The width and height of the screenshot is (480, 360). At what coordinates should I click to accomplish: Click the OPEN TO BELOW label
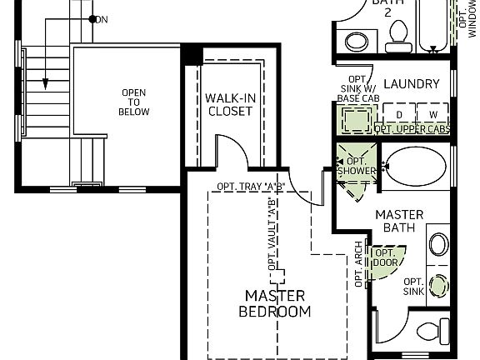(134, 102)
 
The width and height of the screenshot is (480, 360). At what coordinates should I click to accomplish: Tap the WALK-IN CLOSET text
(229, 104)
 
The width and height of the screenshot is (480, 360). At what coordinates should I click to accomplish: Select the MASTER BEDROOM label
(275, 303)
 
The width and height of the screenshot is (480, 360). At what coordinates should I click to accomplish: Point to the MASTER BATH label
(399, 221)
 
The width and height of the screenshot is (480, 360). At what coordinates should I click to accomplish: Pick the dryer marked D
(400, 114)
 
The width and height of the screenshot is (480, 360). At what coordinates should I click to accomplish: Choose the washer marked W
(432, 114)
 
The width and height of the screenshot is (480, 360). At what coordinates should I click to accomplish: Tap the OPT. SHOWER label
(357, 166)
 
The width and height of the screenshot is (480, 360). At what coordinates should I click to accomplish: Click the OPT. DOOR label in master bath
(385, 257)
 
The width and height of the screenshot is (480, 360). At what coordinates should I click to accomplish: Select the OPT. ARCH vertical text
(359, 269)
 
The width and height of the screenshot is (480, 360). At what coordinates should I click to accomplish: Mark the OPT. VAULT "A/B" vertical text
(272, 234)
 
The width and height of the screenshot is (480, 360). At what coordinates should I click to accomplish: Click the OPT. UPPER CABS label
(412, 129)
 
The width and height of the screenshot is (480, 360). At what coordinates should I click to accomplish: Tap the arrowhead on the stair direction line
(46, 84)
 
